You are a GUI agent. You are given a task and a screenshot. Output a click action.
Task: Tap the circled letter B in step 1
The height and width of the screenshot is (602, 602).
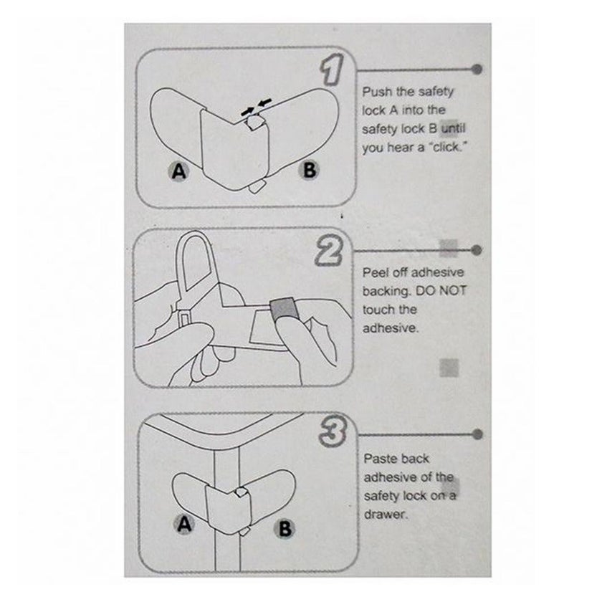pyautogui.click(x=308, y=171)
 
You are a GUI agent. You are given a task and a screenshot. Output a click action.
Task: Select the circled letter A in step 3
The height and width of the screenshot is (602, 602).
pyautogui.click(x=184, y=525)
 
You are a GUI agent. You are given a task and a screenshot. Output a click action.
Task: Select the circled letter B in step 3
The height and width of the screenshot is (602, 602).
pyautogui.click(x=285, y=529)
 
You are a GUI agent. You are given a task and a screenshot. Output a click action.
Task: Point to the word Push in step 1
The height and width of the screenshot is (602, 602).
pyautogui.click(x=378, y=92)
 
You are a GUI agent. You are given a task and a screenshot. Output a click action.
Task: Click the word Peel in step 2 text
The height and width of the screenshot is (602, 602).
pyautogui.click(x=376, y=273)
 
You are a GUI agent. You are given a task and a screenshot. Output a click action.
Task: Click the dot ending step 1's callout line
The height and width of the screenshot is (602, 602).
pyautogui.click(x=478, y=70)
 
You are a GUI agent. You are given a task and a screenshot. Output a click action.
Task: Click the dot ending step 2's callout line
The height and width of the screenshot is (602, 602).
pyautogui.click(x=478, y=250)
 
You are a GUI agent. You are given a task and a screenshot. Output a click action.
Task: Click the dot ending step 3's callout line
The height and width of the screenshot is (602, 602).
pyautogui.click(x=478, y=434)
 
